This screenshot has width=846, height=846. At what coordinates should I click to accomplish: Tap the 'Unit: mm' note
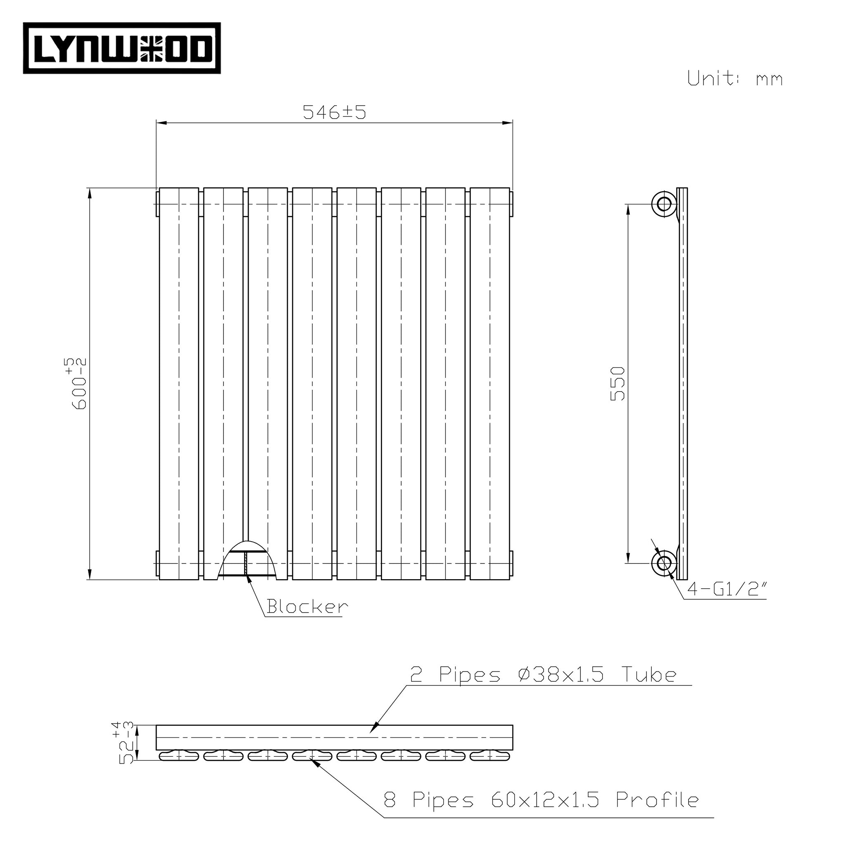coord(734,79)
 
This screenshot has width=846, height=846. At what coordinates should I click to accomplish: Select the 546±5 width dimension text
coord(334,112)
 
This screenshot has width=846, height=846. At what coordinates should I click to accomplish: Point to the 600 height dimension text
coord(80,384)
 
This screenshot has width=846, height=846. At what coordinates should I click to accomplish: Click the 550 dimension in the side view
coord(618,384)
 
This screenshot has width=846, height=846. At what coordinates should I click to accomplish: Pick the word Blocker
coord(307,607)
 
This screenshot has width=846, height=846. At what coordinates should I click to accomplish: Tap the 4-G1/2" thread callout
coord(727,589)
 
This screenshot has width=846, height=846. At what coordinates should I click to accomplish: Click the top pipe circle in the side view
coord(664,204)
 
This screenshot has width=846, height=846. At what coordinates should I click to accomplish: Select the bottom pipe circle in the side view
coord(664,563)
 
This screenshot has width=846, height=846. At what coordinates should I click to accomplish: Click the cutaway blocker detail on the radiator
coord(247,561)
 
